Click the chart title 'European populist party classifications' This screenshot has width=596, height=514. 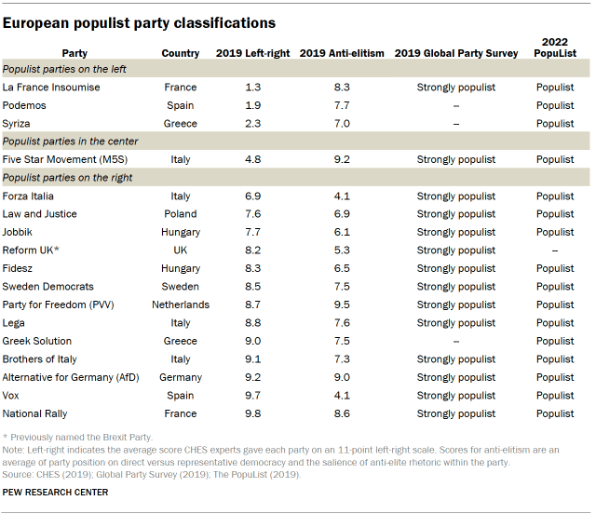[139, 20]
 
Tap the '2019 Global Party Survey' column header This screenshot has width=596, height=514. [455, 53]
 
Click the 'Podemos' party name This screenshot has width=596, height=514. [25, 105]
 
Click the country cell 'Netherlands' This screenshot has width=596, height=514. [181, 304]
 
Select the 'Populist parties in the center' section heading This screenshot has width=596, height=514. [71, 142]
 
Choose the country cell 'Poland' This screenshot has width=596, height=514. [181, 214]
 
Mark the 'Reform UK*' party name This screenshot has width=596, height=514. [32, 250]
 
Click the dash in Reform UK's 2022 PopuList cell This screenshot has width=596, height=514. [555, 250]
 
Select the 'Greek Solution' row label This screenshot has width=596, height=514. [37, 341]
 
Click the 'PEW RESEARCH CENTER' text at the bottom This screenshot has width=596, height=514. [56, 492]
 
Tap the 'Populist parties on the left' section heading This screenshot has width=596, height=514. [65, 70]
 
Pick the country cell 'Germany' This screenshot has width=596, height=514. [181, 377]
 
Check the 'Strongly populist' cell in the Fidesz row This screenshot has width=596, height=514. [455, 268]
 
